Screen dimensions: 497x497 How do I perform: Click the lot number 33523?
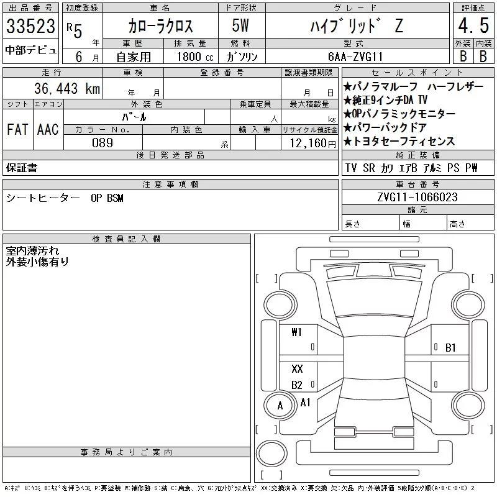coord(30,26)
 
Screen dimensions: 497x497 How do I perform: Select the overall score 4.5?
coord(473,25)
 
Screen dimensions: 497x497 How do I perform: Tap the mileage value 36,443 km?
coord(67,88)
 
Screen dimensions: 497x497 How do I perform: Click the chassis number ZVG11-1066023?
coord(417,197)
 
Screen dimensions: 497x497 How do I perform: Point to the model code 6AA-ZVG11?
coord(355,57)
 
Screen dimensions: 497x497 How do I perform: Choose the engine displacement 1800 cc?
coord(195,57)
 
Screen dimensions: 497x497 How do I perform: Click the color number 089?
coord(103,143)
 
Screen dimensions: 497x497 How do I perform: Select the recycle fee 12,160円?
coord(312,144)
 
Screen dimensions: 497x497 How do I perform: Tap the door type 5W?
coord(240,25)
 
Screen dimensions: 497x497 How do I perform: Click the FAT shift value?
coord(17,129)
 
